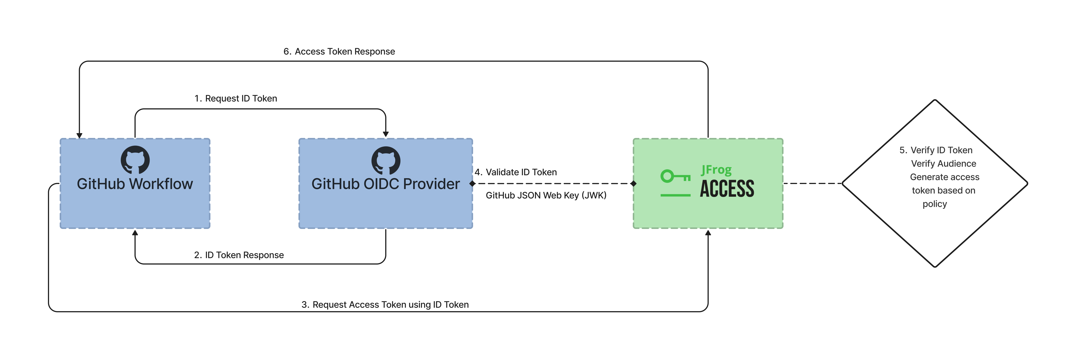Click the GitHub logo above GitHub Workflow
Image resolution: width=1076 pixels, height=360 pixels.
[135, 160]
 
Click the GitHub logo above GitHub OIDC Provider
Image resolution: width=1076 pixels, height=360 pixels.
[386, 160]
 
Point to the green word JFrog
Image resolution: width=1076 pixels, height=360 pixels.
[716, 170]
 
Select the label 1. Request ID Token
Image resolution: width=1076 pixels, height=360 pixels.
[236, 99]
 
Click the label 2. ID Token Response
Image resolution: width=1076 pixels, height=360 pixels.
[239, 255]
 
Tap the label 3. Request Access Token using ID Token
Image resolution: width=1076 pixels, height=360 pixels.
[385, 305]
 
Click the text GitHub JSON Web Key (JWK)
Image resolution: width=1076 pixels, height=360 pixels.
[546, 195]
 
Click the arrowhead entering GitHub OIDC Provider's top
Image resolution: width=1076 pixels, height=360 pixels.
[386, 134]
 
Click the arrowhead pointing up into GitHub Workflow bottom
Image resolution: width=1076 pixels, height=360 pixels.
[135, 233]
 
